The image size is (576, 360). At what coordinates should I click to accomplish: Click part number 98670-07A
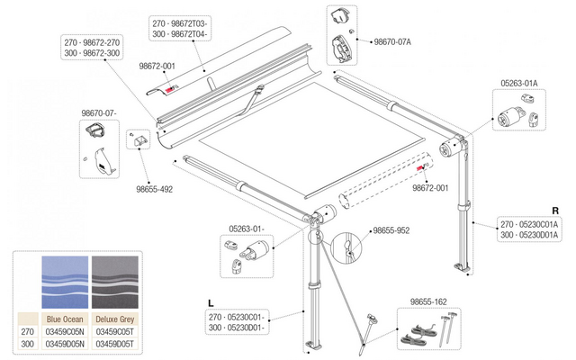392,42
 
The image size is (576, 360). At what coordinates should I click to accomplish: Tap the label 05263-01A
518,84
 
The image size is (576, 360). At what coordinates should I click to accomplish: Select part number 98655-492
154,190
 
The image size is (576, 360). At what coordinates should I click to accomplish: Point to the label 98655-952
391,230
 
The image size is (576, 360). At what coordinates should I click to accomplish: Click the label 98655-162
428,302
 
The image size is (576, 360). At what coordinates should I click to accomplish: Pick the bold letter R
555,211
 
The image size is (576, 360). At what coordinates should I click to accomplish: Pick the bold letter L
211,303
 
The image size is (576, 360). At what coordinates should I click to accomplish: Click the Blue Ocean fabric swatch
65,282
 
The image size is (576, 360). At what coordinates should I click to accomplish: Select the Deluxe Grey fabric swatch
115,282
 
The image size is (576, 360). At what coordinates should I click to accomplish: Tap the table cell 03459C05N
65,332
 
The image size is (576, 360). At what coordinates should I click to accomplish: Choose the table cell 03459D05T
115,344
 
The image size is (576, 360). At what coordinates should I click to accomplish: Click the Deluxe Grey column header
115,319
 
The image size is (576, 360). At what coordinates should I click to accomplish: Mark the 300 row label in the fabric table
28,344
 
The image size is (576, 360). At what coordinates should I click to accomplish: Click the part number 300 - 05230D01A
529,235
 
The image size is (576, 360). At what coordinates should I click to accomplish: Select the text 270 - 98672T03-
180,24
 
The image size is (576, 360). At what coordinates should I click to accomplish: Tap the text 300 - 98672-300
92,53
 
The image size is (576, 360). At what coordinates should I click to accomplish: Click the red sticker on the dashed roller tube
419,168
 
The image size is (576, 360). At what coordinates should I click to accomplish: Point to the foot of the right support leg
462,267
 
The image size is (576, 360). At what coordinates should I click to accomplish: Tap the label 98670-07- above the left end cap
99,113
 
